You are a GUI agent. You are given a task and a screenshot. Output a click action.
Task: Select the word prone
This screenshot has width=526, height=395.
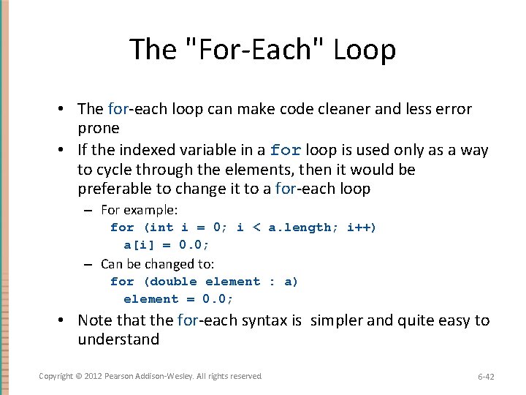tap(98, 128)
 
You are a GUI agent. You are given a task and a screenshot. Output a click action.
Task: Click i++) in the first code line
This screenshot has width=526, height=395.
tap(362, 227)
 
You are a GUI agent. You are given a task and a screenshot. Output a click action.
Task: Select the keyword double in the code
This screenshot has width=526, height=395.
tap(175, 282)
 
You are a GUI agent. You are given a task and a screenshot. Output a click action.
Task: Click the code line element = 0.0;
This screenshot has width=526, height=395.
tap(178, 298)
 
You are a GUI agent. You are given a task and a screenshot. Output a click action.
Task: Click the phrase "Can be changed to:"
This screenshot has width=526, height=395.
tap(157, 264)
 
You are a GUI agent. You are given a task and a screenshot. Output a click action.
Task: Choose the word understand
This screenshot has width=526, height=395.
tap(118, 339)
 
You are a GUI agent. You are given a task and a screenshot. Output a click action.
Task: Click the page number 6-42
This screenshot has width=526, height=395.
tap(486, 377)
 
